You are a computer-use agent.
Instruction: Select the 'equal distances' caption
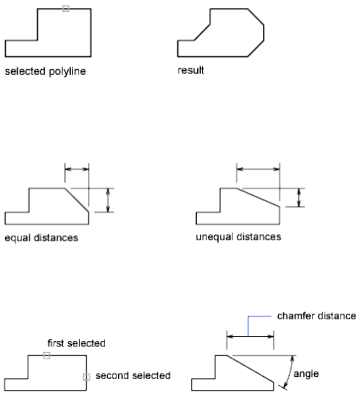(41, 238)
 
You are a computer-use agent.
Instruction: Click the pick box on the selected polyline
(66, 9)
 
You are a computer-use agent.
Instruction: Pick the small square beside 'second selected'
(86, 377)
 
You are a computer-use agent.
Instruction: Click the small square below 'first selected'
(47, 355)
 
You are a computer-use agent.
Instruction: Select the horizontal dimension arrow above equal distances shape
(77, 168)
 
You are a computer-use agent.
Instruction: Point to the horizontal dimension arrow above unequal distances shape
(258, 169)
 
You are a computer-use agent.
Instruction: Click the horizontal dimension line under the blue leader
(250, 337)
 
